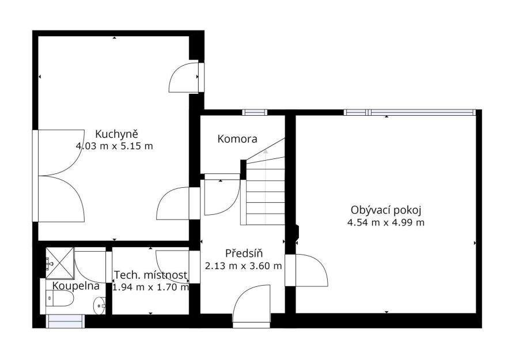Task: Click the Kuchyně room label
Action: click(116, 134)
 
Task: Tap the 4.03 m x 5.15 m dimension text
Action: click(114, 146)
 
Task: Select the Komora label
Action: click(237, 139)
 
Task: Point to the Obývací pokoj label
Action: click(386, 210)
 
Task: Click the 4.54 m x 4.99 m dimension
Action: click(386, 222)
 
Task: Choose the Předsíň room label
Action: click(244, 253)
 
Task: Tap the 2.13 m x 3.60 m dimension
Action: click(243, 266)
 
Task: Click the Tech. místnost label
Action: click(151, 275)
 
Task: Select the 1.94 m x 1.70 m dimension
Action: click(151, 287)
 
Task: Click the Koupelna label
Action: click(76, 286)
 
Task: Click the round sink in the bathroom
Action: click(100, 305)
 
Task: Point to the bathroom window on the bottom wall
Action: click(65, 321)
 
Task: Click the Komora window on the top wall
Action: click(255, 112)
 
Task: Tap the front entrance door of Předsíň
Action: click(252, 306)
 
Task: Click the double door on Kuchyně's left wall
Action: click(58, 176)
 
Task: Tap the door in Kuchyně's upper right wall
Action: click(187, 78)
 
